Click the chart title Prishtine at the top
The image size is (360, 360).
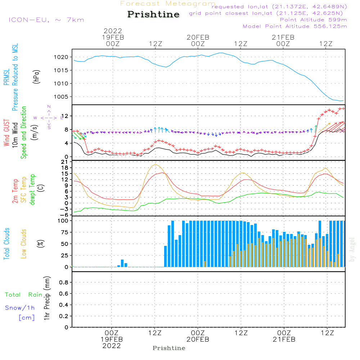(x=153, y=14)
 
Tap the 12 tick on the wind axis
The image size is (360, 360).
(x=65, y=116)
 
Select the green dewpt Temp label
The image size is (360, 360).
(x=32, y=190)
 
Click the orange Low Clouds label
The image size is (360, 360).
(x=24, y=243)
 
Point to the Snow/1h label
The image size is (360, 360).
(x=20, y=308)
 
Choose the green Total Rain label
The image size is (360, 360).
(x=23, y=295)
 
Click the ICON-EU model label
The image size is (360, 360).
(x=46, y=20)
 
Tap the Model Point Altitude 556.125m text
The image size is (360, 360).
(x=295, y=26)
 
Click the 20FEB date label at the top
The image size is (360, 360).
(x=198, y=37)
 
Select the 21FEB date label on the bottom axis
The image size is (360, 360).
(x=284, y=339)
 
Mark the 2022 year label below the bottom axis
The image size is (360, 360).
(x=112, y=346)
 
